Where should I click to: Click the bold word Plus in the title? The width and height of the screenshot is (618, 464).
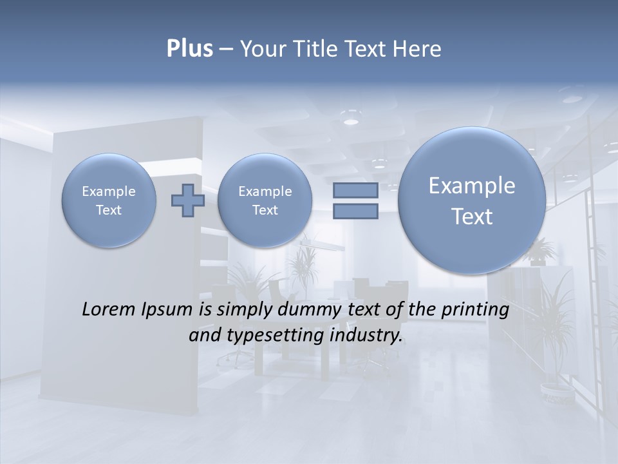click(x=189, y=49)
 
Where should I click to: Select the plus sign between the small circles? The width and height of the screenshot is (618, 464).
click(x=188, y=200)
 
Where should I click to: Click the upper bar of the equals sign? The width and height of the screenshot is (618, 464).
click(x=355, y=190)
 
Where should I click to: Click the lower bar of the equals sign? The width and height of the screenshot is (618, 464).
click(x=355, y=211)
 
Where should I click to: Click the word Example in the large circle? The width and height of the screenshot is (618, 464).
click(x=472, y=186)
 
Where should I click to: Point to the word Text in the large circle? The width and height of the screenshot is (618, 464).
click(x=472, y=217)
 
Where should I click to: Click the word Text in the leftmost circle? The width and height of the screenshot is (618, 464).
click(x=109, y=210)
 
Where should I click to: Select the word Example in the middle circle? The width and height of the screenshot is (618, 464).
click(x=265, y=191)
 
